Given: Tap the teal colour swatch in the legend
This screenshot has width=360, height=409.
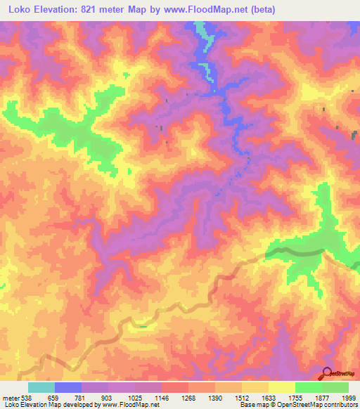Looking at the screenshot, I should [x=41, y=387].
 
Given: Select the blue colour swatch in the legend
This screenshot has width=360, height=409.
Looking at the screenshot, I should [x=68, y=387].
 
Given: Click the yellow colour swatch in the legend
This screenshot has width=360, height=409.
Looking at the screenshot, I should [x=282, y=387].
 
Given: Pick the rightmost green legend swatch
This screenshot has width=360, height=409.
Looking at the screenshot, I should [x=335, y=387].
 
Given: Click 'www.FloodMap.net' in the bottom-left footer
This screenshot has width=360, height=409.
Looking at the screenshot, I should [x=129, y=405].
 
